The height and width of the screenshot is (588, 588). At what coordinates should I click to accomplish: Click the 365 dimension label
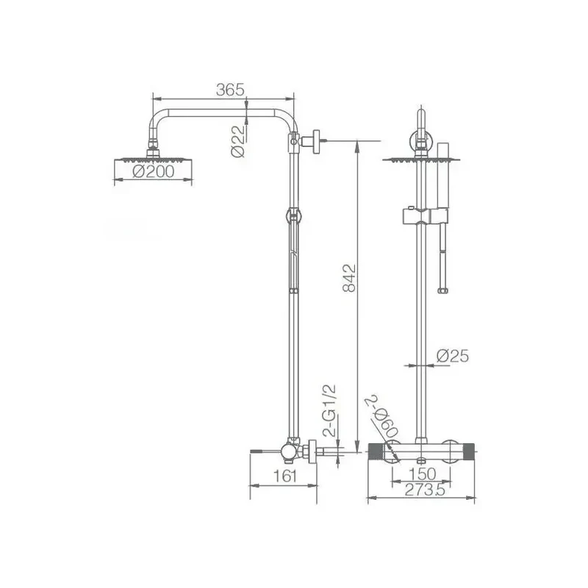pos(230,90)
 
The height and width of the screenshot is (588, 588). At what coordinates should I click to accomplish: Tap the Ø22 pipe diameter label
pos(237,141)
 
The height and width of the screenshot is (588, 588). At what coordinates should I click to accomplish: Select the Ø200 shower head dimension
pos(154,171)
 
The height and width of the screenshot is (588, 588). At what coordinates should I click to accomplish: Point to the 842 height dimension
pos(349,278)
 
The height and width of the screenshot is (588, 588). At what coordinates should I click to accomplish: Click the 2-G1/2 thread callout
pos(329,411)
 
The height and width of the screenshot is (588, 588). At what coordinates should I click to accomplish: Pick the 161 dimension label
pos(285,476)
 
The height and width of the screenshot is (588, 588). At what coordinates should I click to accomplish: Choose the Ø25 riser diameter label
pos(453,356)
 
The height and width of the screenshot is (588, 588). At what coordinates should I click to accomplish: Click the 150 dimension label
pos(422,474)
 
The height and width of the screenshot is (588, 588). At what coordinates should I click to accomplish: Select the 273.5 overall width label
pos(425,490)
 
